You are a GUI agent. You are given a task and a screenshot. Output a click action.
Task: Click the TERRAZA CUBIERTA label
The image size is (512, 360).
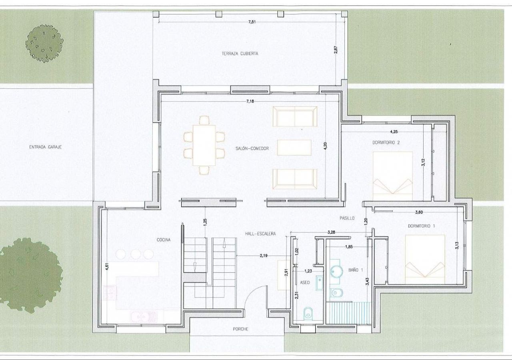point(240,54)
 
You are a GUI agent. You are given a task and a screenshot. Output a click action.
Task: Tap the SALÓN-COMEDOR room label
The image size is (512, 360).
point(252,148)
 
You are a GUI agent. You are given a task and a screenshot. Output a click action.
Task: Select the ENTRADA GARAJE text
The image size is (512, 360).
point(45,147)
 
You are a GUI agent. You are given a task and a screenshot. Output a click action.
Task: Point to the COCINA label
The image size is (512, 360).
point(164,240)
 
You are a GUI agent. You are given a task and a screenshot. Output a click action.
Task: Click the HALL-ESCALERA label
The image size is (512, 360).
point(260,234)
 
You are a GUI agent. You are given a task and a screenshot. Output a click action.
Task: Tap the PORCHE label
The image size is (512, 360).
point(240,329)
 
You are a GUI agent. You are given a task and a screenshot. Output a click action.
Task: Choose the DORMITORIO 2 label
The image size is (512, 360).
point(386,142)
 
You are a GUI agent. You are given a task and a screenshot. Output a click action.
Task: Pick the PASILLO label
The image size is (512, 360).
point(347,218)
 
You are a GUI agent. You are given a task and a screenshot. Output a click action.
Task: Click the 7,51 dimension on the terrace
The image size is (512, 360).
point(252,22)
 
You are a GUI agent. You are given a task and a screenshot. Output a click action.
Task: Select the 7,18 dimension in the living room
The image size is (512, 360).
point(250,101)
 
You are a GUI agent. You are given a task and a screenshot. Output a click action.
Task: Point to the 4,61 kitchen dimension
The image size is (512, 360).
point(107,267)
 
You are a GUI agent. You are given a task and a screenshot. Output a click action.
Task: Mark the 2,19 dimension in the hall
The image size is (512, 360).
point(264,256)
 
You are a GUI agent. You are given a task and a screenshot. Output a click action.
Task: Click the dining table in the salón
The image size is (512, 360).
point(204,145)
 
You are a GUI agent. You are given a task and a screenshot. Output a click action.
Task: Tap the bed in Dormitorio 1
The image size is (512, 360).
point(425,260)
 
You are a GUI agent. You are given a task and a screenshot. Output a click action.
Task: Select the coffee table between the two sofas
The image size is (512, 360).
point(294,148)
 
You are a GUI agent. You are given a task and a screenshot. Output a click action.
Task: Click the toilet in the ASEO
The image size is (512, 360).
point(308,313)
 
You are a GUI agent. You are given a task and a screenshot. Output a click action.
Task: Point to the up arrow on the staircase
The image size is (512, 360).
point(224,243)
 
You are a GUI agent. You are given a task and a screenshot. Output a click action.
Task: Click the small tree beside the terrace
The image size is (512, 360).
point(44,44)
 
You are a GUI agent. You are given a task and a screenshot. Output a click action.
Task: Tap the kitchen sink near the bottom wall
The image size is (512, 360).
point(144,316)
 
